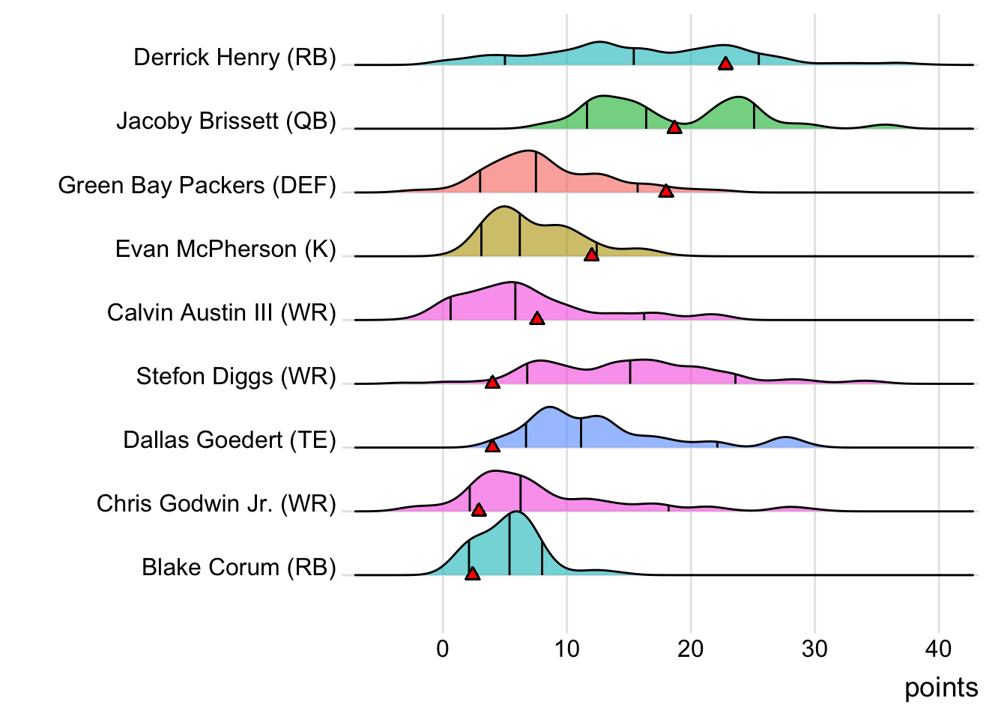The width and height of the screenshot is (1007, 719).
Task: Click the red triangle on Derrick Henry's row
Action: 725,64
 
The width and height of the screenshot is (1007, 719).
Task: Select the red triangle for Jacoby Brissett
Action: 674,127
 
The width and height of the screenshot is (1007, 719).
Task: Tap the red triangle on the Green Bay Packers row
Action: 666,191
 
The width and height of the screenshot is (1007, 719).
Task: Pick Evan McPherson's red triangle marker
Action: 591,255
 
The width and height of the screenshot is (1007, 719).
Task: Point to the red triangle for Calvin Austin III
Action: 537,319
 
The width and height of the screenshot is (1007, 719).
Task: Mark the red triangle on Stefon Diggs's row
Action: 492,383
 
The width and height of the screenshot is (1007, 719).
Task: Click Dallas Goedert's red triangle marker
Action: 492,446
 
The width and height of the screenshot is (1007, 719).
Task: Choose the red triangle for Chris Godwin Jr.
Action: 479,510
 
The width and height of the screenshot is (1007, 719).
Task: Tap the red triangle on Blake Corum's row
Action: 472,574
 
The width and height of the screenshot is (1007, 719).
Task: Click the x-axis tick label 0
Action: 443,649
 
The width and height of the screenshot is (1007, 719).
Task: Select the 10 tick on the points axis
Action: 567,649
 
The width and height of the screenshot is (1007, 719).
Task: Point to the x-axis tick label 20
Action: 691,649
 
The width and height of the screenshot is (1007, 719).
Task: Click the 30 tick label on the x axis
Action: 814,649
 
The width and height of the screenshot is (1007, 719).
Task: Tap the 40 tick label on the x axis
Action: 939,649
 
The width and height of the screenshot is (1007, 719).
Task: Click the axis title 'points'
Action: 941,688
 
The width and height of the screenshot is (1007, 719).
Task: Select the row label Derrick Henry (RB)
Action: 235,58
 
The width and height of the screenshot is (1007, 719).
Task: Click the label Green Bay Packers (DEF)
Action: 197,185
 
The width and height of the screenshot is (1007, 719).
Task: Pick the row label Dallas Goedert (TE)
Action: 229,440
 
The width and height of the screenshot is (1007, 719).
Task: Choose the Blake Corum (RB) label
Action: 239,568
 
